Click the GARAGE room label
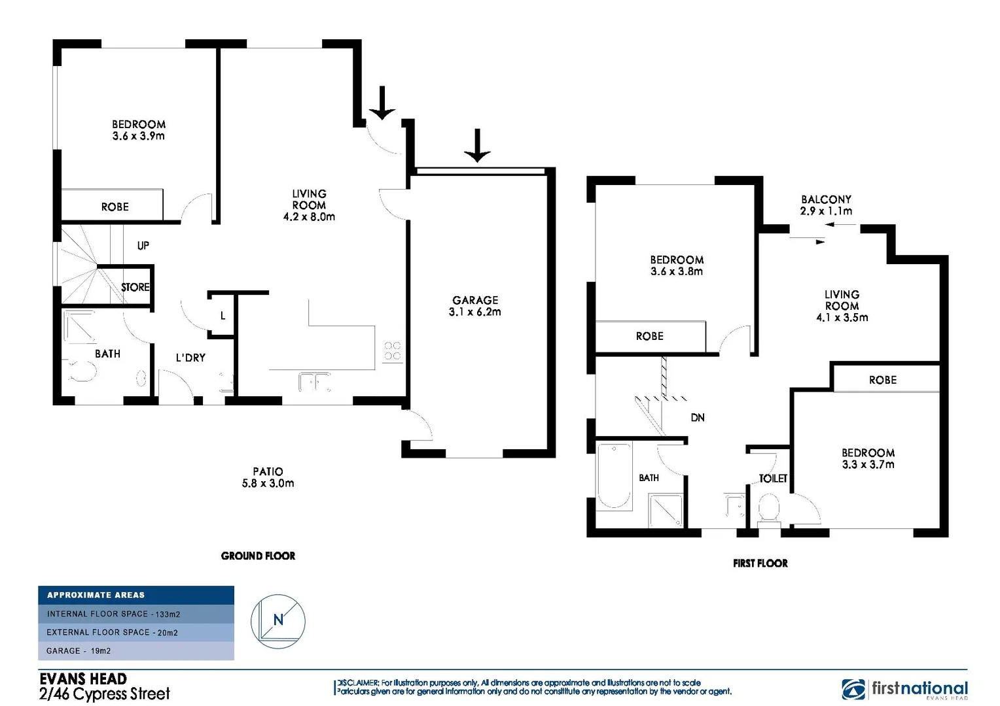pyautogui.click(x=475, y=300)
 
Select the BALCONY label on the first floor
pyautogui.click(x=826, y=199)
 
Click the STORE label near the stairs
pyautogui.click(x=135, y=287)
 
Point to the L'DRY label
pyautogui.click(x=190, y=358)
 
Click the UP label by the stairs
pyautogui.click(x=143, y=246)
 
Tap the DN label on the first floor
pyautogui.click(x=698, y=417)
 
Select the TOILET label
pyautogui.click(x=773, y=479)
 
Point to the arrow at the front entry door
pyautogui.click(x=382, y=103)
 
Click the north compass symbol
pyautogui.click(x=278, y=621)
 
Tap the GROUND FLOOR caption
pyautogui.click(x=258, y=556)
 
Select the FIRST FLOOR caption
pyautogui.click(x=760, y=563)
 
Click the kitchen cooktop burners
pyautogui.click(x=393, y=350)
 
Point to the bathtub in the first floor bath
pyautogui.click(x=614, y=476)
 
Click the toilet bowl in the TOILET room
pyautogui.click(x=769, y=508)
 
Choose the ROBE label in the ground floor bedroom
pyautogui.click(x=115, y=207)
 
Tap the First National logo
pyautogui.click(x=904, y=689)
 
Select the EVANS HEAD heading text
pyautogui.click(x=83, y=679)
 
